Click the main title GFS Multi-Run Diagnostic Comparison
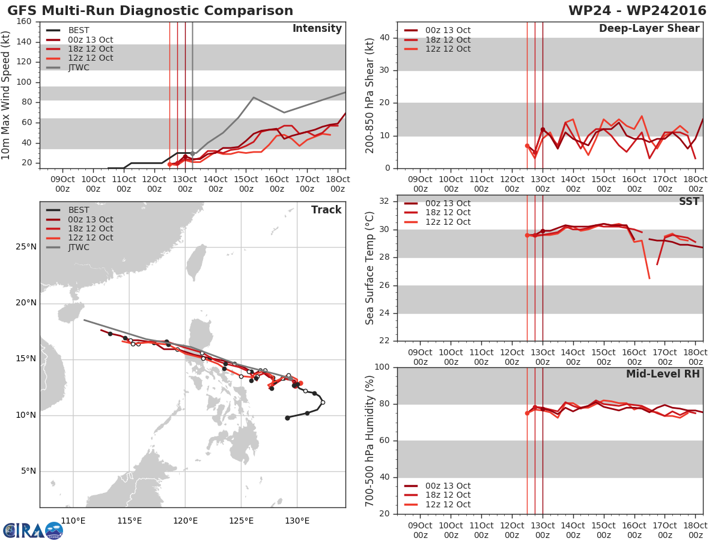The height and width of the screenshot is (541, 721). point(150,10)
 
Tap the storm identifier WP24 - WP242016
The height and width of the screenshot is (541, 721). point(637,10)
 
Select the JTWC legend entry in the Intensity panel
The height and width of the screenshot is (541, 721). point(69,68)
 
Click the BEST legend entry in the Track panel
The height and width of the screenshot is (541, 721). point(68,210)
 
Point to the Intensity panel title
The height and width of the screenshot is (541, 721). point(317,29)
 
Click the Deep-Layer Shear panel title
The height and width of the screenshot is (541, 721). point(649,29)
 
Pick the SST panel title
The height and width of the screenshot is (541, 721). point(689,201)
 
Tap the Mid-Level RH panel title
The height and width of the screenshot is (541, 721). point(663,374)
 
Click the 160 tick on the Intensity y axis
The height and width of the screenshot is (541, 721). point(24,22)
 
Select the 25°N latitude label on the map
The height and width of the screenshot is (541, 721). point(26,246)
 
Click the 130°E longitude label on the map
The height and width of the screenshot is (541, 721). point(297,521)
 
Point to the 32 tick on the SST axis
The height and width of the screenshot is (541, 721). point(385,201)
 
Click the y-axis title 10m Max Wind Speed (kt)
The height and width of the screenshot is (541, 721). point(5,95)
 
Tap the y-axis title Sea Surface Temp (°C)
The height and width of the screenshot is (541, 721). point(370,268)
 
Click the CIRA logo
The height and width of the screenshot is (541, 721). point(33,531)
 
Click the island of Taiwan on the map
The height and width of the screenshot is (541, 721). point(196,262)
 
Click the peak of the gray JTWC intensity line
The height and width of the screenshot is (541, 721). point(254,97)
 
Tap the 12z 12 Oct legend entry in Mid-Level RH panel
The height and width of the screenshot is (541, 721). point(437,504)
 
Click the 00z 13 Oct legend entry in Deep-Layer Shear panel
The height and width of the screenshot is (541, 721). point(437,30)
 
